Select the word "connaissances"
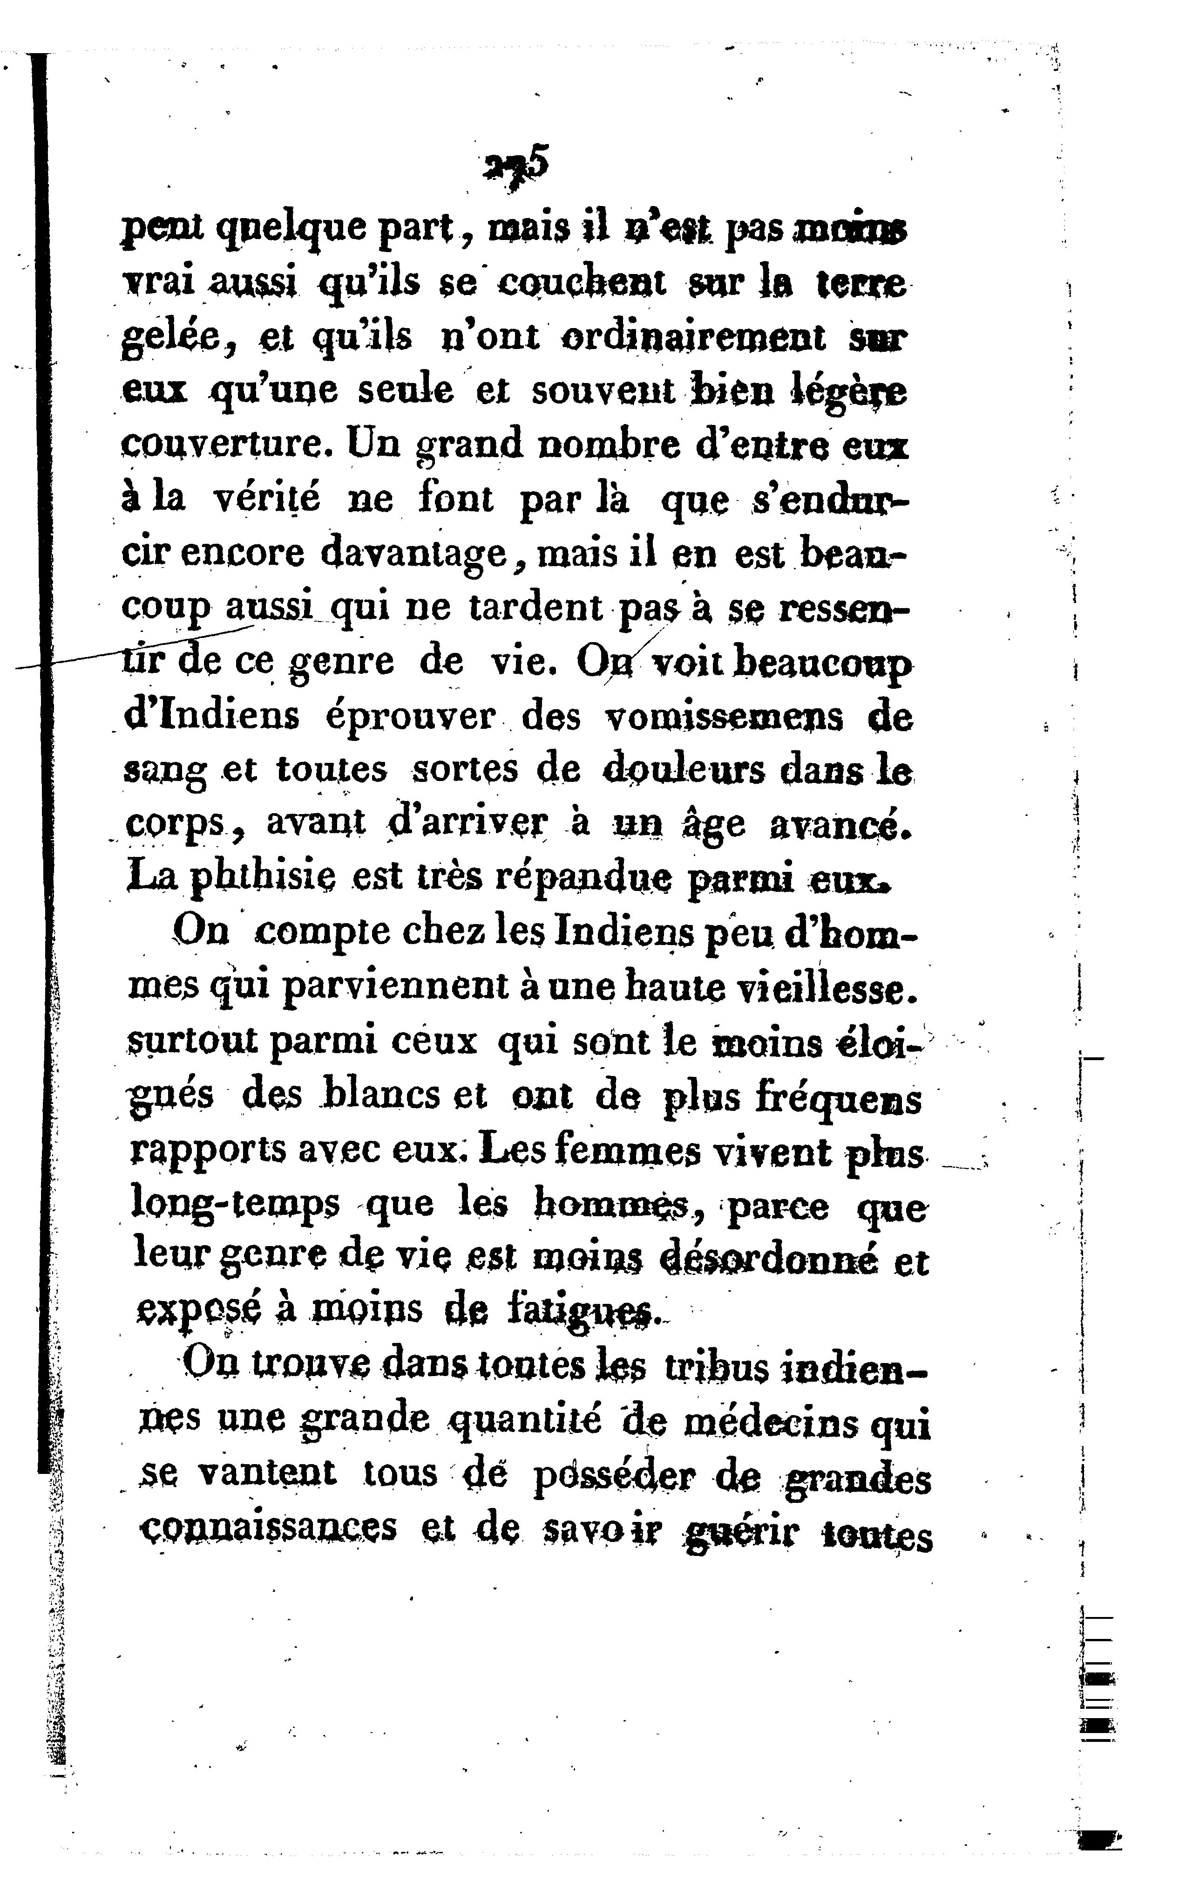267,1528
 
